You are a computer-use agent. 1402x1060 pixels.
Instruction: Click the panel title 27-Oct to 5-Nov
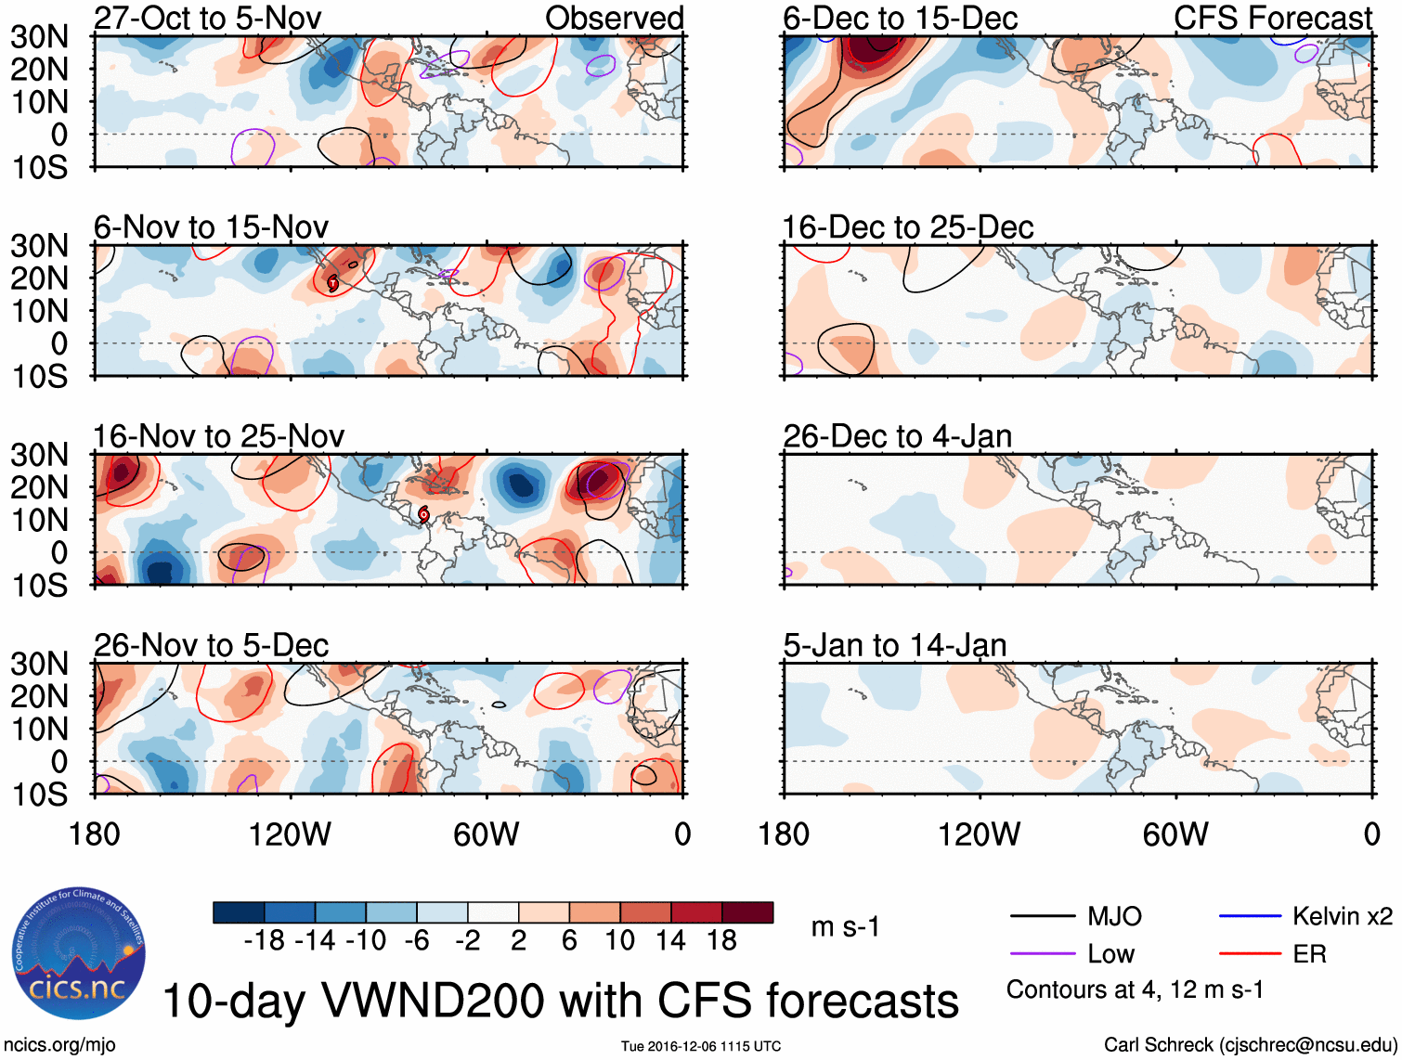point(207,18)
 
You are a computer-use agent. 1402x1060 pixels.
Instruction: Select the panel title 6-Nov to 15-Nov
point(211,227)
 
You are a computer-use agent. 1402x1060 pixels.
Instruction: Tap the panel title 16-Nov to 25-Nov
point(218,436)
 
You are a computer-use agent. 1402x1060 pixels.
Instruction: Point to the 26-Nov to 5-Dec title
point(211,645)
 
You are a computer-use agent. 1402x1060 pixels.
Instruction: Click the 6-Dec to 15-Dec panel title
point(900,18)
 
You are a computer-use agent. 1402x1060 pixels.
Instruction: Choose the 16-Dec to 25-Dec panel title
point(907,227)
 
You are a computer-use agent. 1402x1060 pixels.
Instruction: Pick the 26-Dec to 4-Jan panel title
point(897,436)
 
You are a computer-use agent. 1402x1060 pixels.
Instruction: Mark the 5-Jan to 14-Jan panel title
point(894,645)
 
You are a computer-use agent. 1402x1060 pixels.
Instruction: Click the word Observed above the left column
point(614,18)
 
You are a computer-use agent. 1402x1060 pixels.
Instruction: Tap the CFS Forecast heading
point(1272,18)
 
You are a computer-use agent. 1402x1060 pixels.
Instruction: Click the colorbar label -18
point(265,941)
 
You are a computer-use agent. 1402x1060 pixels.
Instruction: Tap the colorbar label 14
point(670,941)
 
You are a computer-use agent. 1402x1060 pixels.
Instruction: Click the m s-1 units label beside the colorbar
point(845,927)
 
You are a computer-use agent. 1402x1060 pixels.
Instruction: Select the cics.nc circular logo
point(79,954)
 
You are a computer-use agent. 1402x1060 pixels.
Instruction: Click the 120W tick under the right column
point(979,834)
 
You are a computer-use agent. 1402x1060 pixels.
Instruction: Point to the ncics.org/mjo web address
point(59,1045)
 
